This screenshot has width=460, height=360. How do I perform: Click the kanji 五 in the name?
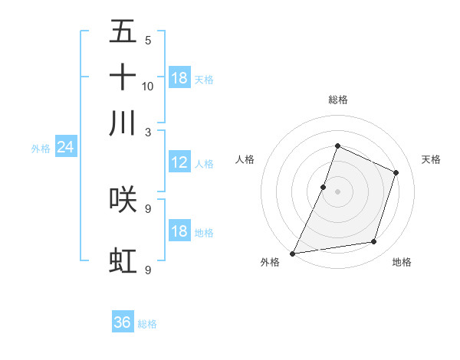coord(123,32)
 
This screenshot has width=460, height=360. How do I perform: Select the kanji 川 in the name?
coord(123,123)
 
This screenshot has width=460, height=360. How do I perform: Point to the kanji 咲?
coord(123,199)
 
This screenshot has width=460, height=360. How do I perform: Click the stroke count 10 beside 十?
coord(148,86)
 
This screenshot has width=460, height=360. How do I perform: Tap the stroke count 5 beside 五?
coord(148,41)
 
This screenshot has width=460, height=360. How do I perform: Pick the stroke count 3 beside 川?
coord(148,132)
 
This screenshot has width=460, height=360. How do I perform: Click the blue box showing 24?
coord(65,147)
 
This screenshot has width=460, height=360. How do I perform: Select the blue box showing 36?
coord(123,322)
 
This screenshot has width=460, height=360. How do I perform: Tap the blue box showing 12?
coord(179,162)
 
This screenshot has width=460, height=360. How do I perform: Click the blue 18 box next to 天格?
coord(179,78)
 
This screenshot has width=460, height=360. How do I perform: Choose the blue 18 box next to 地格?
coord(179,231)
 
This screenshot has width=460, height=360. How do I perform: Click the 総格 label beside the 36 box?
coord(147,324)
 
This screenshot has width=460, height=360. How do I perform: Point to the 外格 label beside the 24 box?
coord(41,149)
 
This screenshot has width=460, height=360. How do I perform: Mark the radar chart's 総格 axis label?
coord(337,100)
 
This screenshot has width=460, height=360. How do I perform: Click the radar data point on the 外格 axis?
coord(293,253)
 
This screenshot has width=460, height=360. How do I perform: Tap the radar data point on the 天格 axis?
coord(396,172)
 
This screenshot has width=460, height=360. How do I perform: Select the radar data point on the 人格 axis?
coord(324,187)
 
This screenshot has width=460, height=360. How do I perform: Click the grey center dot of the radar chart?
coord(337,191)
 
